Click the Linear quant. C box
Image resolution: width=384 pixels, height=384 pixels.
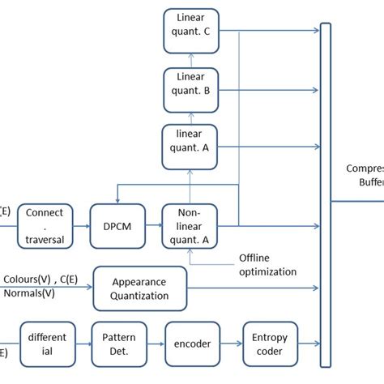tap(191, 30)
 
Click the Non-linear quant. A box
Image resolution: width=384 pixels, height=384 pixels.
tap(191, 224)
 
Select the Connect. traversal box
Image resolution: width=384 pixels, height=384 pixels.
tap(45, 224)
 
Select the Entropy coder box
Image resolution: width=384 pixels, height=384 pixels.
tap(271, 344)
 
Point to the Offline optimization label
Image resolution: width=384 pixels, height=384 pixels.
tap(267, 265)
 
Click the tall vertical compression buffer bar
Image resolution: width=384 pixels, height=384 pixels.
tap(326, 194)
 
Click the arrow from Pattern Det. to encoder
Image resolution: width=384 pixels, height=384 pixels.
tap(156, 344)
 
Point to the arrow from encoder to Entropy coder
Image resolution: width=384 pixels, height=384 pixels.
tap(232, 344)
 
